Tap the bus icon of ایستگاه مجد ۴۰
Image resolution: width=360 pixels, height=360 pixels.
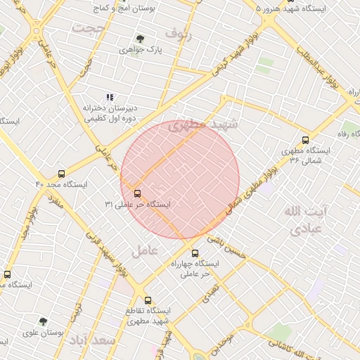(x=62, y=174)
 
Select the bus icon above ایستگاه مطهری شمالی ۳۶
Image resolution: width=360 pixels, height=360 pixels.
(x=304, y=140)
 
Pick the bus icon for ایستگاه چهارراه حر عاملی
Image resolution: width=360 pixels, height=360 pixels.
(x=195, y=253)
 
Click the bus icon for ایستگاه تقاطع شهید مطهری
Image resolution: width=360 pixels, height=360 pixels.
(x=147, y=300)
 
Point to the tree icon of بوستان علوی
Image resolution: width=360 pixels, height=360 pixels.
(x=43, y=321)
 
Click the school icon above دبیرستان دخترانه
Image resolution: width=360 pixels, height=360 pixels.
(x=110, y=97)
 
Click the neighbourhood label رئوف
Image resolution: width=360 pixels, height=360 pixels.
(x=178, y=33)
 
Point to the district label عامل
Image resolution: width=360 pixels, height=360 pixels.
(x=144, y=250)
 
